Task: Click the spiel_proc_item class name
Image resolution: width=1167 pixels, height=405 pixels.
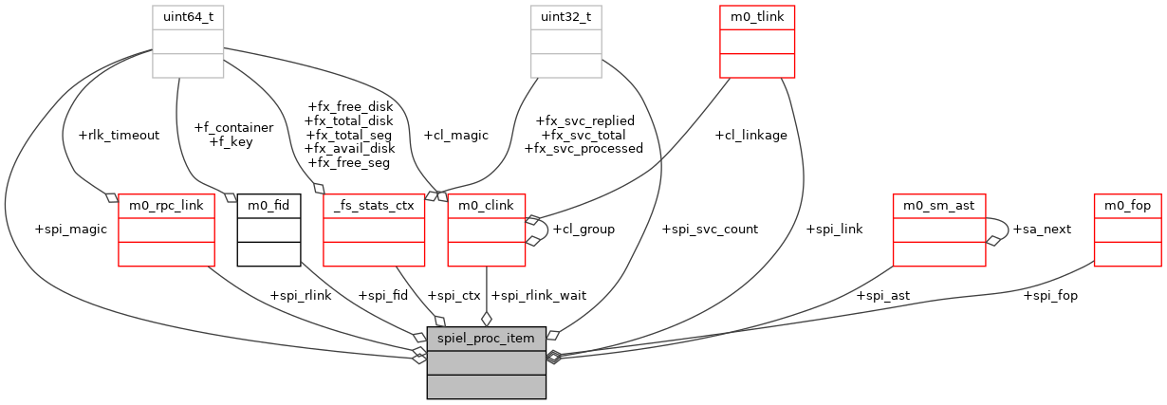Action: [x=486, y=338]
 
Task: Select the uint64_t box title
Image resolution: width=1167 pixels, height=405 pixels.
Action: [x=188, y=17]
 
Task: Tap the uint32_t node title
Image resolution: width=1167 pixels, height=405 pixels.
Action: [x=565, y=17]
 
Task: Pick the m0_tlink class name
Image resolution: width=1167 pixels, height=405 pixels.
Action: [x=757, y=17]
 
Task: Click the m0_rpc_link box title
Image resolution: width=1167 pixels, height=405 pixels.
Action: [x=166, y=205]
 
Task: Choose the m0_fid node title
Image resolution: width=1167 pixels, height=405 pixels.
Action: [x=269, y=205]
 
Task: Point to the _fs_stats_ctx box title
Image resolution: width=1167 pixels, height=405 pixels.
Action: [x=374, y=205]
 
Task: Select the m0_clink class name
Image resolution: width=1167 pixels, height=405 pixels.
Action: [x=486, y=205]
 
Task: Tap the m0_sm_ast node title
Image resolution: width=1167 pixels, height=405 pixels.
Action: [x=939, y=205]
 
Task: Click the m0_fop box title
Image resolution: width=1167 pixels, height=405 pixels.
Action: [x=1127, y=205]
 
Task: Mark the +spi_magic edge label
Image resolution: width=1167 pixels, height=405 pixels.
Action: [x=70, y=230]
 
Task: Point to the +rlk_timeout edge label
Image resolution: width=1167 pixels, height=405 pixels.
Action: [x=120, y=135]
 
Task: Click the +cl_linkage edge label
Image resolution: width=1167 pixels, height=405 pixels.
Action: [x=751, y=135]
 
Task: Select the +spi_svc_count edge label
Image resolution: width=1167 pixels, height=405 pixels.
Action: [x=710, y=230]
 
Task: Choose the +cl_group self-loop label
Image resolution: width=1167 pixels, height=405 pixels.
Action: [x=583, y=230]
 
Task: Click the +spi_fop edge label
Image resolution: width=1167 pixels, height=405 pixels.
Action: [x=1050, y=295]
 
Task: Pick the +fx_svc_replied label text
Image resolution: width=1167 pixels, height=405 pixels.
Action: [x=585, y=121]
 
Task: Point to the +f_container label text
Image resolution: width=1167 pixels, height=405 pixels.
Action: [x=233, y=128]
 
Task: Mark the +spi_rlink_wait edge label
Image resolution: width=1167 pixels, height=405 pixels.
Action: [x=538, y=295]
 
